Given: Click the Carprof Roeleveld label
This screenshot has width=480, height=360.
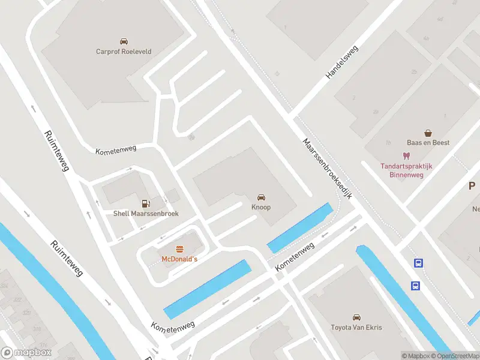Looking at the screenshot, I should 124,52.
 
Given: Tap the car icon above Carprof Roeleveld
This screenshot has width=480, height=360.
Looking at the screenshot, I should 124,41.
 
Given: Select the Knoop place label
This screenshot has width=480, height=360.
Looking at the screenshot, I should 261,207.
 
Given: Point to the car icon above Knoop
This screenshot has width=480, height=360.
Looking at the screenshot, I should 261,197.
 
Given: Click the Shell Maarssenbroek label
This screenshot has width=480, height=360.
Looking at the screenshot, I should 146,214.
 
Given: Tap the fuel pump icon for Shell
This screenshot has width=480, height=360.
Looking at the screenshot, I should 145,204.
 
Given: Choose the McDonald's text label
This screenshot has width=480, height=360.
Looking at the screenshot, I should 179,259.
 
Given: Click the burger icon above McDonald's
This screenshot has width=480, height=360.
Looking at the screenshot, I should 179,249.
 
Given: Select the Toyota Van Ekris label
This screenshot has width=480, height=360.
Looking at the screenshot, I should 356,328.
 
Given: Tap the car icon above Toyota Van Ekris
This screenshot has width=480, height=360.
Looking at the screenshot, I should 356,317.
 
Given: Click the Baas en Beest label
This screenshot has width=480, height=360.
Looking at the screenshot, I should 428,143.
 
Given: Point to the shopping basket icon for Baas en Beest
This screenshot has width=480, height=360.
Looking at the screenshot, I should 428,133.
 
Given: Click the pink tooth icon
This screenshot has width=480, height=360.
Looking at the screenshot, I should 406,155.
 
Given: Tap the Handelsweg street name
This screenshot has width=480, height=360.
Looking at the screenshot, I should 341,62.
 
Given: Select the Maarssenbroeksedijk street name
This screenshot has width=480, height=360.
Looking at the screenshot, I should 327,170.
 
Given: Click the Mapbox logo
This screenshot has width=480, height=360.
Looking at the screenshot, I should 26,353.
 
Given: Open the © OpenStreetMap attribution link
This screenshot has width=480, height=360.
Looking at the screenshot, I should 453,356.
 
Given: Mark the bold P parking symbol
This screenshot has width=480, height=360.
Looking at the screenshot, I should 472,186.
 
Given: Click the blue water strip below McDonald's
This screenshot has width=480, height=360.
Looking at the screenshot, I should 208,289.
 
